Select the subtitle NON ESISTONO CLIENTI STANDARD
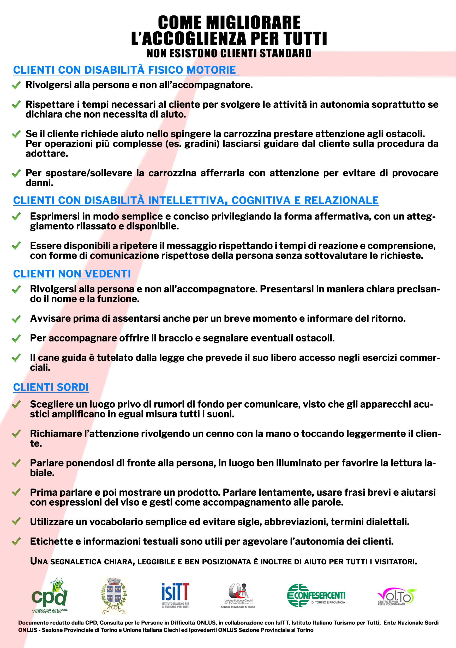click(x=229, y=53)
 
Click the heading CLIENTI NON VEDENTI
click(x=72, y=274)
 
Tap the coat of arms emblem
click(x=113, y=595)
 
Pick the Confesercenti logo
click(x=316, y=595)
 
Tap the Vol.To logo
click(x=397, y=596)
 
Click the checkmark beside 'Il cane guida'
click(x=16, y=358)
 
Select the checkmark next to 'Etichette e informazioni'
click(x=16, y=541)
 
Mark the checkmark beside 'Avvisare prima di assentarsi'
click(x=16, y=319)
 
